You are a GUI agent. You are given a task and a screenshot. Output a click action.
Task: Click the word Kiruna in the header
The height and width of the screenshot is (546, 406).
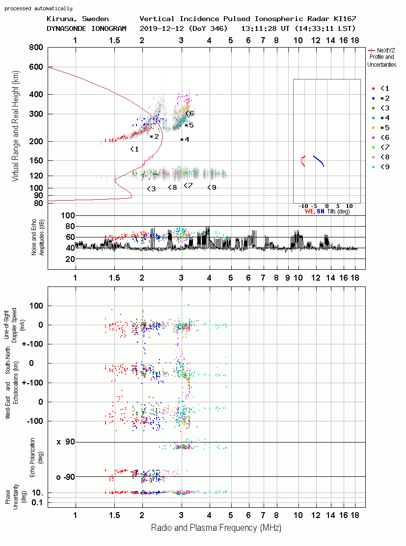point(59,19)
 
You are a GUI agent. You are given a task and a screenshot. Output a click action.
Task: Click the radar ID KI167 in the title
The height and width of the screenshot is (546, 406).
point(345,19)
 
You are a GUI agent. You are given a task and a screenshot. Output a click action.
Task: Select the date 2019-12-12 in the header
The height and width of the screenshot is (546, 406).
point(162,28)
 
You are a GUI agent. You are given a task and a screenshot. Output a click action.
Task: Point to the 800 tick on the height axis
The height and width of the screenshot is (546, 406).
point(36,47)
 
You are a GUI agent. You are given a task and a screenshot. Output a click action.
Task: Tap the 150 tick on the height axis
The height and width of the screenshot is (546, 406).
point(36,160)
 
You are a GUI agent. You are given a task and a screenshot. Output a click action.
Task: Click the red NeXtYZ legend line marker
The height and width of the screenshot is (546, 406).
point(371,51)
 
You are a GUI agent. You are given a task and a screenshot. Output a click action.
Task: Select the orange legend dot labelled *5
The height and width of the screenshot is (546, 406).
point(373,128)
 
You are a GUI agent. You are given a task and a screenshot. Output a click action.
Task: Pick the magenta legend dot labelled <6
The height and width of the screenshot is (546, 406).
point(373,137)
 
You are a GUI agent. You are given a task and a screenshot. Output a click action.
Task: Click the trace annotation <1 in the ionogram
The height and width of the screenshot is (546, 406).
point(135,150)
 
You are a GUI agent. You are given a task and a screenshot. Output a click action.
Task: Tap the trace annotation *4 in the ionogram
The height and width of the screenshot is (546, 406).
point(185,140)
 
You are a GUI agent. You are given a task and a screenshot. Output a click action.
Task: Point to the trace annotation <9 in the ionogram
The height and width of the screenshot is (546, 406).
point(212,187)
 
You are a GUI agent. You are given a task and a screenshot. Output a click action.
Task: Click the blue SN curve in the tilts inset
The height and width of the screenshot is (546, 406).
point(319,160)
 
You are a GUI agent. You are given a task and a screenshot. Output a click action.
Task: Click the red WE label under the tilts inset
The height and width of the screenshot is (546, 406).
point(309,211)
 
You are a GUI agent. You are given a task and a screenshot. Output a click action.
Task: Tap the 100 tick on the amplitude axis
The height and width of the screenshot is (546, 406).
point(68,215)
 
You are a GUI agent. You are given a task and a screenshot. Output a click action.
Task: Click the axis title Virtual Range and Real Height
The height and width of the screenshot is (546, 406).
point(15,126)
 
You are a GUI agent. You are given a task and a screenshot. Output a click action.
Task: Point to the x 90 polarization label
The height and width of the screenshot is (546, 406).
point(66,442)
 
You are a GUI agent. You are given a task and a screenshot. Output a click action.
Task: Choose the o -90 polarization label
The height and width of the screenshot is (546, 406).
point(66,477)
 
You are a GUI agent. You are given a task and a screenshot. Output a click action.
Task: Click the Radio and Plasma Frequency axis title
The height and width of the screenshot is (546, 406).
point(216,528)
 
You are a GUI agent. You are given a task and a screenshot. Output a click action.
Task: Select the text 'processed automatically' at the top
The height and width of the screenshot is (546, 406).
point(38,8)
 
